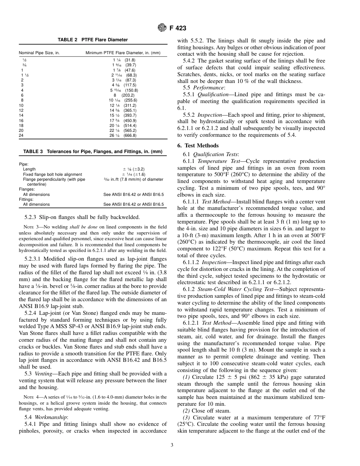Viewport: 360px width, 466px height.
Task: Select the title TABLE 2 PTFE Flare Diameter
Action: pyautogui.click(x=92, y=40)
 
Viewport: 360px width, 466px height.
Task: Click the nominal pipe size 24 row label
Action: pyautogui.click(x=21, y=135)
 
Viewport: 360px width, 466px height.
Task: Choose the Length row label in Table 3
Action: pyautogui.click(x=29, y=169)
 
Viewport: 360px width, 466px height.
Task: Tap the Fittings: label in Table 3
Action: pyautogui.click(x=27, y=199)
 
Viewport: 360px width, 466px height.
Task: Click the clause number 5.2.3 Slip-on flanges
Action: pyautogui.click(x=31, y=217)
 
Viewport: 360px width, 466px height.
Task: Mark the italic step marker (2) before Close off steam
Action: pyautogui.click(x=187, y=411)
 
